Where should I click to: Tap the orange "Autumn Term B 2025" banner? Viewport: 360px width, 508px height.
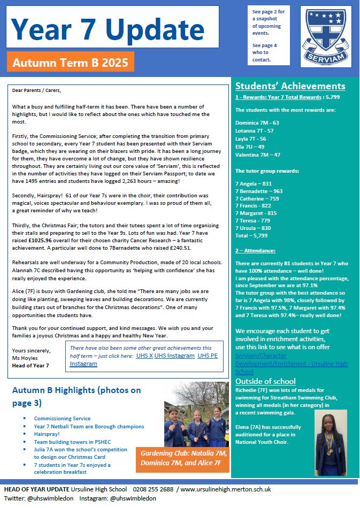[x=71, y=63]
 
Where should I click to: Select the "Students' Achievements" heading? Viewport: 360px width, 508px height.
[x=290, y=86]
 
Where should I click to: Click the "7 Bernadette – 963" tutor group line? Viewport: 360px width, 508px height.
[x=259, y=191]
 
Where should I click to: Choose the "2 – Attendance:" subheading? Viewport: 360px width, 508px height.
[x=256, y=250]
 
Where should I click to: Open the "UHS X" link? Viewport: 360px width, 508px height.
[x=144, y=355]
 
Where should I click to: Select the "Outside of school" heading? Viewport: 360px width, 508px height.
[x=265, y=381]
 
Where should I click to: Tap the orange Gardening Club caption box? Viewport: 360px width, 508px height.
[x=183, y=459]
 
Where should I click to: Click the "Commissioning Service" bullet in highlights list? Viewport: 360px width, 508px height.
[x=62, y=419]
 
